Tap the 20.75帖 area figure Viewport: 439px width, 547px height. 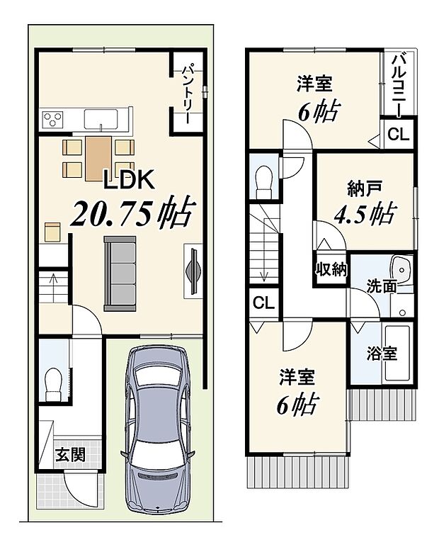tap(132, 212)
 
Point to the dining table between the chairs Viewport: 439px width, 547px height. tap(98, 157)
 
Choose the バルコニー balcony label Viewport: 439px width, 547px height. tap(398, 84)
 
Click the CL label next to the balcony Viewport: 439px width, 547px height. tap(397, 135)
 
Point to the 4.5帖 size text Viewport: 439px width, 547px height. tap(365, 213)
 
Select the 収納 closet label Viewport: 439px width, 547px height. tap(331, 269)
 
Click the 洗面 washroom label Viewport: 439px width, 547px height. tap(380, 286)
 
